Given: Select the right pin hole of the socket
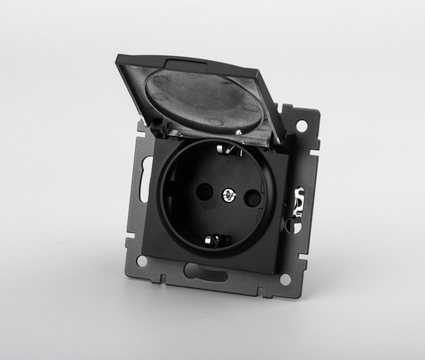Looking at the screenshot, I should (253, 201).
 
